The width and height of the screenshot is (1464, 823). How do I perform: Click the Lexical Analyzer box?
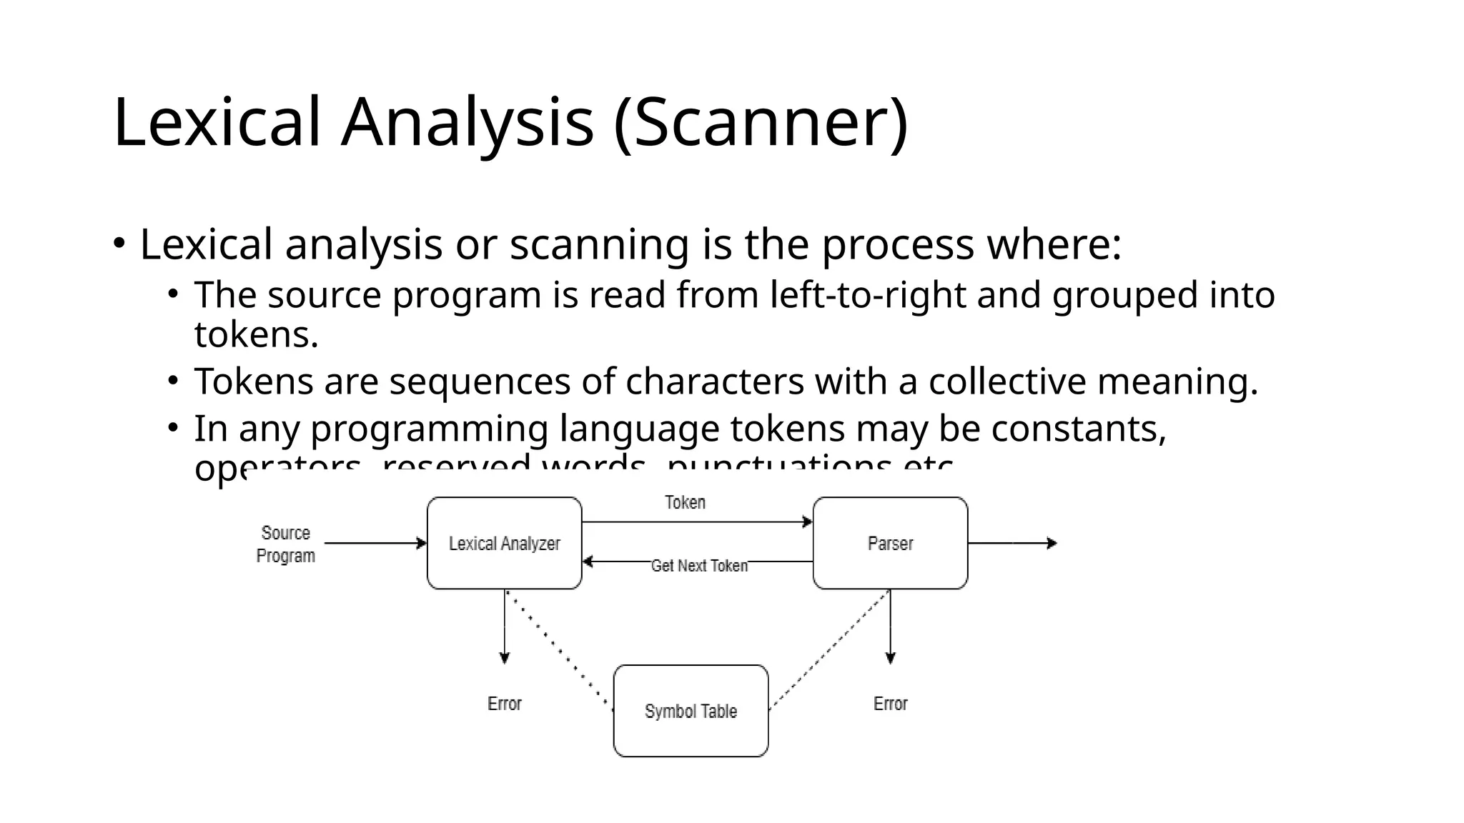[x=504, y=544]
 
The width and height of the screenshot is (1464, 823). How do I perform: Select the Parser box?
[x=890, y=544]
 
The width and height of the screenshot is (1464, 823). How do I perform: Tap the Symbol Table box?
[x=691, y=711]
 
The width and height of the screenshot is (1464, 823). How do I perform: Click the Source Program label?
[x=285, y=544]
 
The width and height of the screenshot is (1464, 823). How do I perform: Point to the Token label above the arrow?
[x=685, y=503]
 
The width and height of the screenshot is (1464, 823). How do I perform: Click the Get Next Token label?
[x=699, y=566]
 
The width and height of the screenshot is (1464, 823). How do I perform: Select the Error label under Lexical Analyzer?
[x=504, y=704]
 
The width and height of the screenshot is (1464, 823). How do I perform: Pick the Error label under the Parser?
[x=890, y=704]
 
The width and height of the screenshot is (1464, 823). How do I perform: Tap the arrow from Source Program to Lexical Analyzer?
[x=375, y=544]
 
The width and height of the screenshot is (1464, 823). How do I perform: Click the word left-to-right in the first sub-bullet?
[x=868, y=295]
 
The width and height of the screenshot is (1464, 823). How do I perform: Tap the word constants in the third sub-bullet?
[x=1078, y=429]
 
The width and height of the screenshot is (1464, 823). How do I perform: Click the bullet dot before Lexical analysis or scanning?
[x=119, y=244]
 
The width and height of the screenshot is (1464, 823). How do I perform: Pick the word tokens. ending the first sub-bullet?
[x=256, y=334]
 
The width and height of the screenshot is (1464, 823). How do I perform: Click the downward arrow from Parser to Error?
[x=890, y=629]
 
